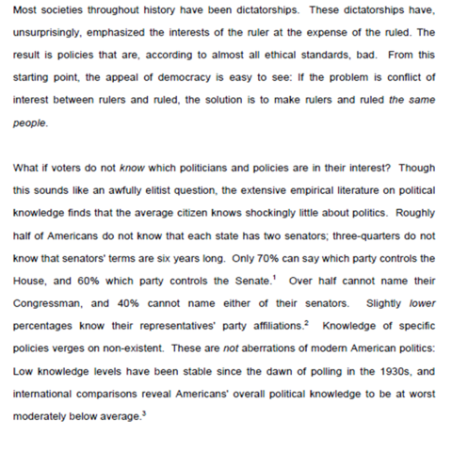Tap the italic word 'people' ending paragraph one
[x=29, y=122]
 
